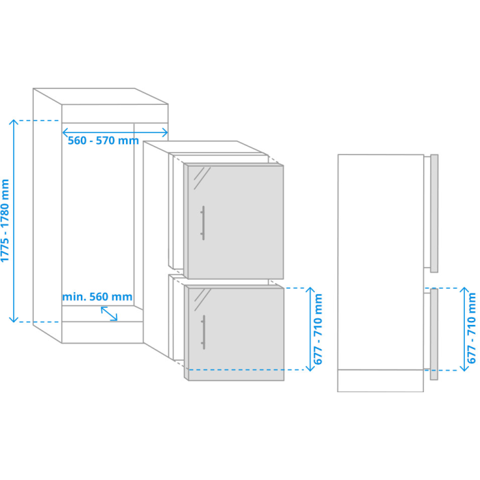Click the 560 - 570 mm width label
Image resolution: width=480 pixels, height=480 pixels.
pos(103,141)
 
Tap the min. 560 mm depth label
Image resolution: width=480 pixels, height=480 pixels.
pos(97,297)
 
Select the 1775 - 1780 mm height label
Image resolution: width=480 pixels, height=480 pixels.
pos(5,221)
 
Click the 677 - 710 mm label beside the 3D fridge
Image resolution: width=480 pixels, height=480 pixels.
pos(318,329)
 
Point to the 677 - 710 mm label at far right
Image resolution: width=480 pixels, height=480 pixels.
pos(472,328)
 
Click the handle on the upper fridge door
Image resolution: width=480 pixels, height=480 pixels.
pos(203,223)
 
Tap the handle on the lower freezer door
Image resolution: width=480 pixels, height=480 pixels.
pos(203,332)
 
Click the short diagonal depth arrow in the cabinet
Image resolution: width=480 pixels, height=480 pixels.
pos(109,314)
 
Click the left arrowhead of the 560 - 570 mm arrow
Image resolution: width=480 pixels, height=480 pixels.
pos(63,133)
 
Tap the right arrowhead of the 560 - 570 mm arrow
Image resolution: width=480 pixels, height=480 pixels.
pos(167,133)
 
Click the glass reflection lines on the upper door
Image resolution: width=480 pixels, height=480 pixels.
pos(202,178)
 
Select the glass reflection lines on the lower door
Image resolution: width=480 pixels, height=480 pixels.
pos(202,300)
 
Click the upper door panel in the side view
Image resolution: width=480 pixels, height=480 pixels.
pos(434,213)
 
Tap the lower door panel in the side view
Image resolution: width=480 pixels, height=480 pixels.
pos(434,335)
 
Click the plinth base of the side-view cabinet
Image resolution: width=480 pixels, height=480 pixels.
pos(381,381)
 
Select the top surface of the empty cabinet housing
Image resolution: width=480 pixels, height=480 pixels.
pos(100,97)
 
